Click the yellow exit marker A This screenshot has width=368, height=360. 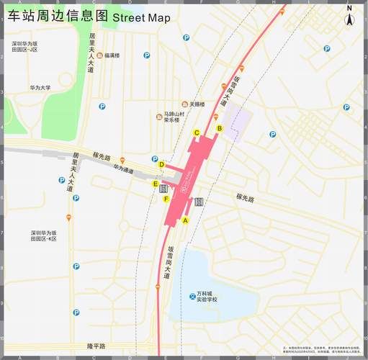coord(185,221)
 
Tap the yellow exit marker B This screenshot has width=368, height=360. coord(220,129)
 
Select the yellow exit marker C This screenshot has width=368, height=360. coord(197,133)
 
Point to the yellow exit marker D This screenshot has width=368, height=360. coord(162,165)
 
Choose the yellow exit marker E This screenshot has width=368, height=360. coord(155,184)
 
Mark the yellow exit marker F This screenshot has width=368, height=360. coord(166,199)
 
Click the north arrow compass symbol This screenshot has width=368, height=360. coord(349,17)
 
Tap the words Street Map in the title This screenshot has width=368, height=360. coord(142,17)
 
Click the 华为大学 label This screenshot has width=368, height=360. coord(40,88)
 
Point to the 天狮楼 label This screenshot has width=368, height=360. coord(194,104)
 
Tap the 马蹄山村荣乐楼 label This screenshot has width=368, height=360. coord(174,117)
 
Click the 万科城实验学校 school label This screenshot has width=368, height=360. coord(207,297)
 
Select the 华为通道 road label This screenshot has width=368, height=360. coord(123,168)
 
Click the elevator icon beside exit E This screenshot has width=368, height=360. coord(163,188)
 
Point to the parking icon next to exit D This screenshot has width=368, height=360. coord(155,159)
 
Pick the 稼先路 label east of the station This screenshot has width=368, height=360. coord(246,197)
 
